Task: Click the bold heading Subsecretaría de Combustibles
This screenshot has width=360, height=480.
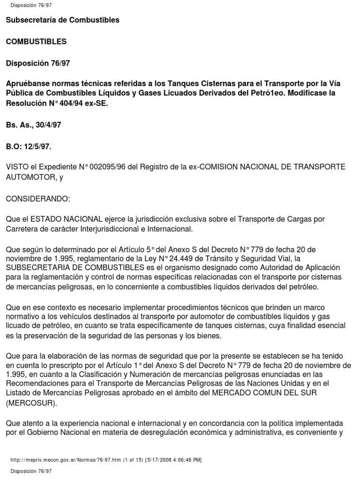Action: coord(62,20)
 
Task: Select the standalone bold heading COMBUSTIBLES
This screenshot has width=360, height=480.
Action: coord(36,42)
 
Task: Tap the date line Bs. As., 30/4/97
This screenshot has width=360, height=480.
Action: coord(33,125)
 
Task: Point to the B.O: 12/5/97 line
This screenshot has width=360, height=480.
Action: coord(29,147)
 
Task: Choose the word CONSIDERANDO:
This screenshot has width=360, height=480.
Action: coord(37,199)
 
